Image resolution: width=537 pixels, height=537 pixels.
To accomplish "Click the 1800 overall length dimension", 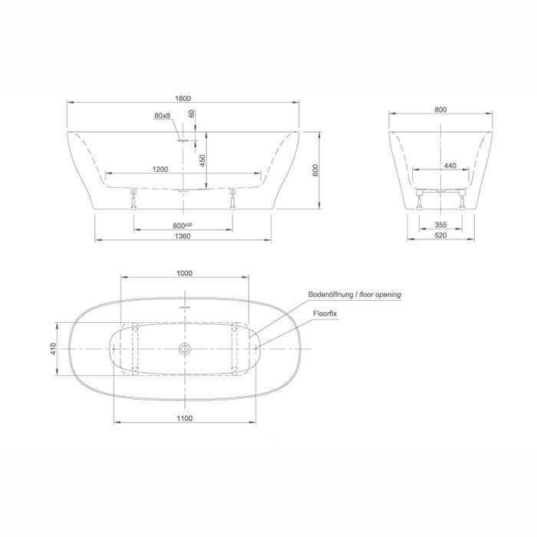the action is pyautogui.click(x=183, y=99).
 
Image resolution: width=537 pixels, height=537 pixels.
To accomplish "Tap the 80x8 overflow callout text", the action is pyautogui.click(x=162, y=116).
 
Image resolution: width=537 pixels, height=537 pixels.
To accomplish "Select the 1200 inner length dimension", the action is pyautogui.click(x=160, y=170).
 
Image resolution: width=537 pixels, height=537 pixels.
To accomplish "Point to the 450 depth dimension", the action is pyautogui.click(x=203, y=160).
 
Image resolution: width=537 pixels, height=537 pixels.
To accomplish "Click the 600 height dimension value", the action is pyautogui.click(x=316, y=170).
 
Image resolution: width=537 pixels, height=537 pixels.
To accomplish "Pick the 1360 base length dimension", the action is pyautogui.click(x=183, y=236).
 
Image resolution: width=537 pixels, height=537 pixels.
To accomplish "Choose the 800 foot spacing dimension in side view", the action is pyautogui.click(x=183, y=226).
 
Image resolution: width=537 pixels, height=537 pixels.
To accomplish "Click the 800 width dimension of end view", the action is pyautogui.click(x=441, y=110).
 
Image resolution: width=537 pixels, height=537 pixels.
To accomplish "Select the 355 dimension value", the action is pyautogui.click(x=441, y=225).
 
